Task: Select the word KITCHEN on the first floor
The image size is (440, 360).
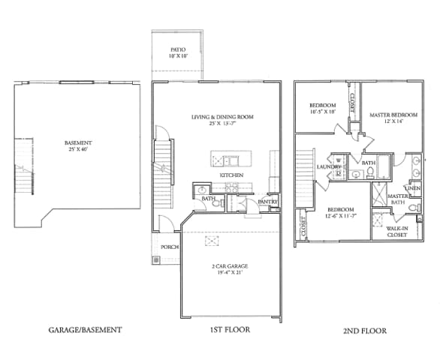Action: click(x=231, y=175)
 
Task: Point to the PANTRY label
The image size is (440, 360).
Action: click(x=268, y=201)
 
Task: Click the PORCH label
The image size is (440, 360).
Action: click(x=169, y=247)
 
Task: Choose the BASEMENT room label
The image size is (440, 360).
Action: click(x=78, y=143)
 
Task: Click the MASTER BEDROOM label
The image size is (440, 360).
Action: click(x=393, y=115)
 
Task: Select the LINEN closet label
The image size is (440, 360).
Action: click(x=414, y=188)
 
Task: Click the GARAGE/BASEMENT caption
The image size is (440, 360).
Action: click(x=85, y=329)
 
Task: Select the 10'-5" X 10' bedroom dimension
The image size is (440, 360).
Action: click(x=322, y=111)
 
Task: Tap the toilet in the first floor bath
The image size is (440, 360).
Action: click(x=215, y=202)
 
